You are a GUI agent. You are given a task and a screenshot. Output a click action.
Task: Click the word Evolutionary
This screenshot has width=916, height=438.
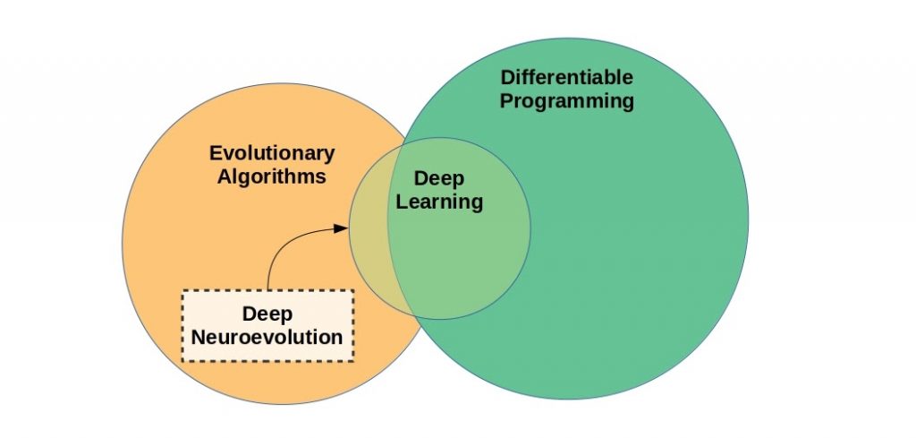(x=271, y=153)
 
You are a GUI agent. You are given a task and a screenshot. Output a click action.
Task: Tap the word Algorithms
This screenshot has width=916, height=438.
(x=271, y=176)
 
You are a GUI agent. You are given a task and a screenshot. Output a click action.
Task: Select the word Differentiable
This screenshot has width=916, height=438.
(x=566, y=77)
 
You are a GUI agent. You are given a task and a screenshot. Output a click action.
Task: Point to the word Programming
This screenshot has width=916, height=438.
(x=566, y=100)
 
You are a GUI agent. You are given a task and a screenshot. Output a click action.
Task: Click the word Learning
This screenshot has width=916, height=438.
(x=439, y=202)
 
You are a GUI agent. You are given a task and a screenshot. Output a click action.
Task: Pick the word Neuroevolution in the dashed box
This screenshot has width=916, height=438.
(x=267, y=338)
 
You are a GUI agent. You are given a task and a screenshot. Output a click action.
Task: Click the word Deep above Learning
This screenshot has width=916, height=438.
(x=439, y=179)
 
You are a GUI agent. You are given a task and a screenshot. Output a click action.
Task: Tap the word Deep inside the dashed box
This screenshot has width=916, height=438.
(x=267, y=314)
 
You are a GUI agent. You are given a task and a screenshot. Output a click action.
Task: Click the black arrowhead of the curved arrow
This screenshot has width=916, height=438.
(x=340, y=228)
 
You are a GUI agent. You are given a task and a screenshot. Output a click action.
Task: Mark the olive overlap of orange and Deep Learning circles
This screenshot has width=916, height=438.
(x=369, y=260)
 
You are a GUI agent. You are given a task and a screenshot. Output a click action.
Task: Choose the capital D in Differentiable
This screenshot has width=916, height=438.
(x=507, y=77)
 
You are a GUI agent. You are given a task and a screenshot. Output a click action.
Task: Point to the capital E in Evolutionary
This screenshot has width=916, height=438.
(x=215, y=153)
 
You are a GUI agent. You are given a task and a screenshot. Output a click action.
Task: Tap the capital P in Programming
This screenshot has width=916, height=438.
(x=506, y=100)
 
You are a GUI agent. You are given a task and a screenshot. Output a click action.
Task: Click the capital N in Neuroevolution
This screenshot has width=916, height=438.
(x=199, y=338)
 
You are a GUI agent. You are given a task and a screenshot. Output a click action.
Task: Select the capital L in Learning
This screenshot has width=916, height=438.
(x=403, y=202)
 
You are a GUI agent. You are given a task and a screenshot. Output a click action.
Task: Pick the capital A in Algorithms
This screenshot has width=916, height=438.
(x=223, y=176)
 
